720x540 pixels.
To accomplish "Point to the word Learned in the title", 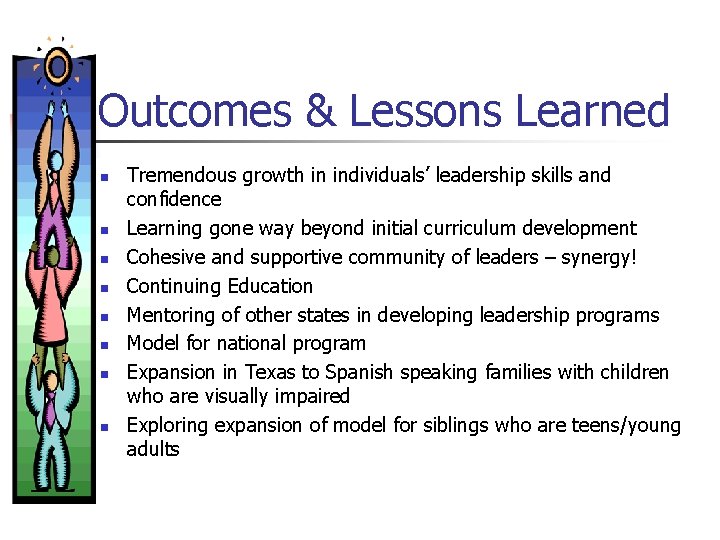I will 592,111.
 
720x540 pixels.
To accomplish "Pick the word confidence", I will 174,199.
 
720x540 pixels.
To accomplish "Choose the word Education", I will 263,286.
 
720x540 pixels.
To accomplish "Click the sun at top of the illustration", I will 58,66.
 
